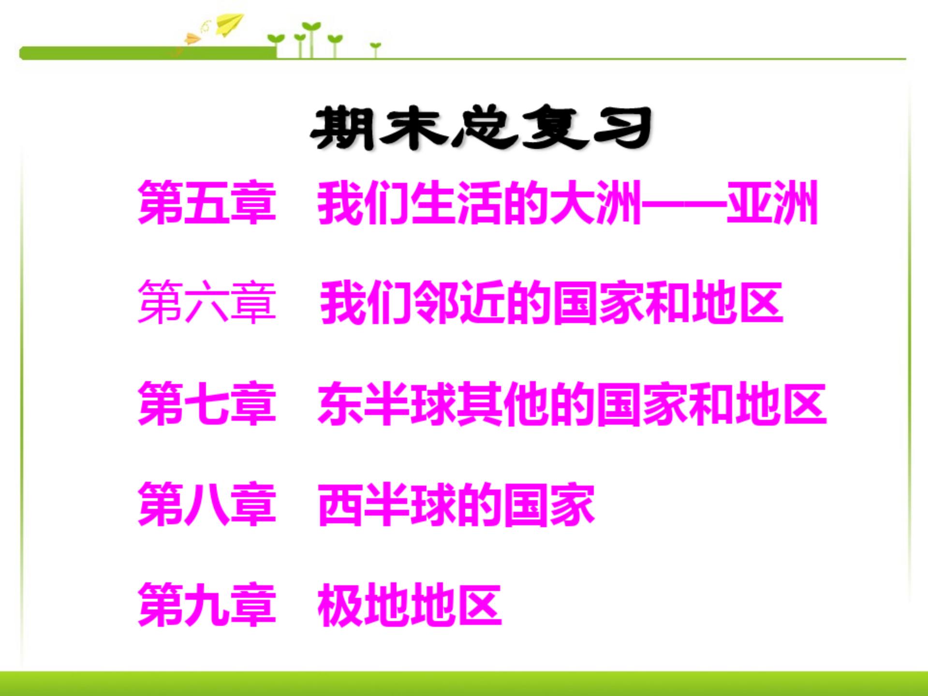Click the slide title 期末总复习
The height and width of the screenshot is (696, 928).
(481, 128)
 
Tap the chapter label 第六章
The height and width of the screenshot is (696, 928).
(206, 303)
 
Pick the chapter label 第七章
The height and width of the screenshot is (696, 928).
(206, 403)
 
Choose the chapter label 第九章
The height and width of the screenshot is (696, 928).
(206, 605)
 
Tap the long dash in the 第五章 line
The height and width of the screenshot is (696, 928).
(684, 203)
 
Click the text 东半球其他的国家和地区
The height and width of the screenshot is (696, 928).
(572, 404)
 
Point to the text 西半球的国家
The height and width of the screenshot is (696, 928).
(456, 505)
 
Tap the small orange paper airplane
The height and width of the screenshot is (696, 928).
(192, 38)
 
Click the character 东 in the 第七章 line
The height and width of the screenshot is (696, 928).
(340, 404)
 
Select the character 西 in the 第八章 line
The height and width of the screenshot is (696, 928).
(340, 505)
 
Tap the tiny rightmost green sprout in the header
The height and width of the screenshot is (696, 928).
(376, 47)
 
